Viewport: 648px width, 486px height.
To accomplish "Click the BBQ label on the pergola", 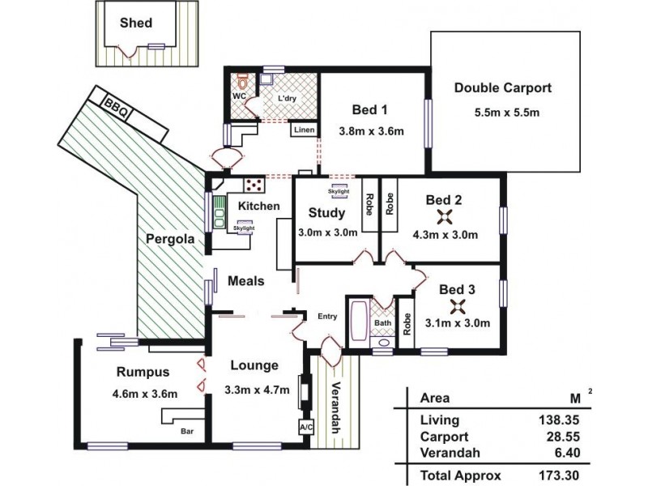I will pyautogui.click(x=114, y=106).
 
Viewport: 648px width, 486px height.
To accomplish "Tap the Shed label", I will pyautogui.click(x=135, y=23).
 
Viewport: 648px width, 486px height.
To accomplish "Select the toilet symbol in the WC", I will pyautogui.click(x=241, y=81).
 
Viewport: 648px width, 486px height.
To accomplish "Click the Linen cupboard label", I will pyautogui.click(x=304, y=130).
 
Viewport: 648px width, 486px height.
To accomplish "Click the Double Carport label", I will pyautogui.click(x=503, y=88).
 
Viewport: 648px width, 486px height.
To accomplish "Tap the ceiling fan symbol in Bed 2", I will pyautogui.click(x=444, y=216).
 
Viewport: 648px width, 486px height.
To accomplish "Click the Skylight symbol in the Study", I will pyautogui.click(x=339, y=193).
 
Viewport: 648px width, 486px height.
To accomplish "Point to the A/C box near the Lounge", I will pyautogui.click(x=306, y=427).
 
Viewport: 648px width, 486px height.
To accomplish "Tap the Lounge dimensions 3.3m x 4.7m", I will pyautogui.click(x=257, y=390).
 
